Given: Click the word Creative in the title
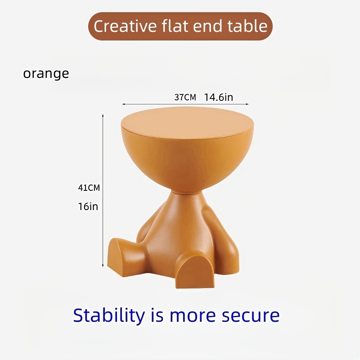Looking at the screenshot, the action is click(x=125, y=26).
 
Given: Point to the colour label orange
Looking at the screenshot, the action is click(x=46, y=74).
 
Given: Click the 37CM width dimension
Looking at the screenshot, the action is click(x=185, y=97).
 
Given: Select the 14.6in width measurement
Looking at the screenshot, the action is click(x=219, y=97).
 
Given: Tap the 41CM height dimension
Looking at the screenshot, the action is click(x=89, y=188).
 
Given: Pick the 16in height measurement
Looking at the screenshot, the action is click(x=88, y=207).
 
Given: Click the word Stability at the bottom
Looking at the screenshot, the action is click(x=109, y=316).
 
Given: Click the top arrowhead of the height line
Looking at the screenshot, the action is click(x=103, y=115).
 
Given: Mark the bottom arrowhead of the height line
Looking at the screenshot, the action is click(x=103, y=266).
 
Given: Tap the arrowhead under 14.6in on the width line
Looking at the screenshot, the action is click(x=247, y=104).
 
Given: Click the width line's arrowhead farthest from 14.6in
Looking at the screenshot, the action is click(x=123, y=104).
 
